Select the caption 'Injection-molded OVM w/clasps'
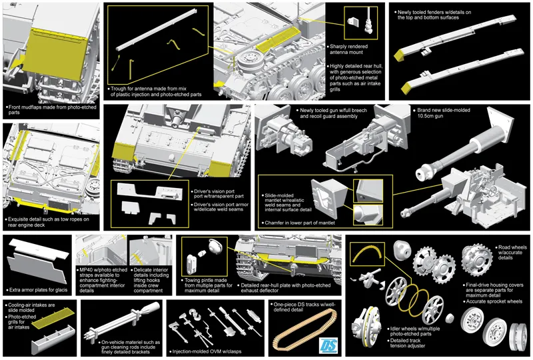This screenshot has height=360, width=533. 206,349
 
